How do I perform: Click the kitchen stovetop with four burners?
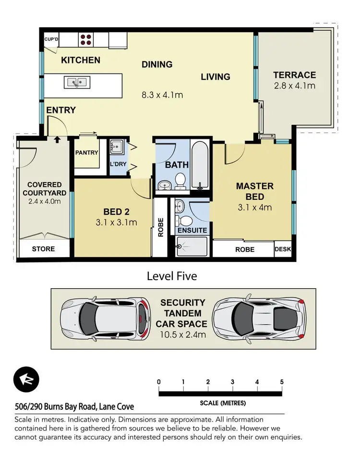pyautogui.click(x=86, y=39)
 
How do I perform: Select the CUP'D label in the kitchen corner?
pyautogui.click(x=51, y=39)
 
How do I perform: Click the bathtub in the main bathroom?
pyautogui.click(x=199, y=164)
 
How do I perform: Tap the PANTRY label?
pyautogui.click(x=86, y=153)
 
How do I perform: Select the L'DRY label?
pyautogui.click(x=118, y=165)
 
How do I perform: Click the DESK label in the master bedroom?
pyautogui.click(x=282, y=249)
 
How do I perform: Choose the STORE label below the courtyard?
pyautogui.click(x=43, y=249)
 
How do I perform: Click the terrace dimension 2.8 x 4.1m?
pyautogui.click(x=294, y=86)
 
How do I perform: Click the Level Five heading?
pyautogui.click(x=172, y=276)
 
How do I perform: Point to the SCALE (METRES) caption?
pyautogui.click(x=223, y=403)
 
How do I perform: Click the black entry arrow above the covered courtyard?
pyautogui.click(x=57, y=140)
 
